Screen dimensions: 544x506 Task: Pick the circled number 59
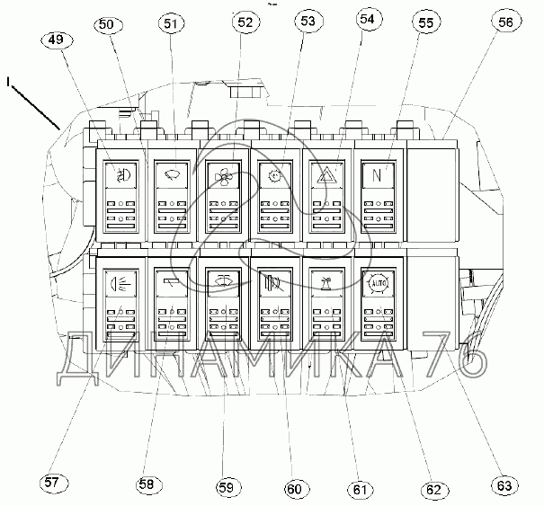[225, 488]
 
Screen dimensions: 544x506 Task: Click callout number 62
[433, 490]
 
